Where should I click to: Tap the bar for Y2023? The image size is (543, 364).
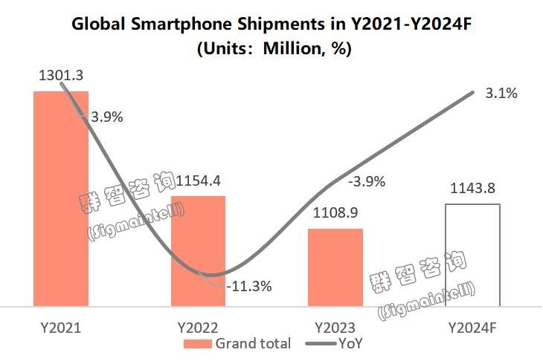335,267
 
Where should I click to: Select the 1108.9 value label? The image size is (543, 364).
335,212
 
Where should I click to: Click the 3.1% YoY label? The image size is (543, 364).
501,94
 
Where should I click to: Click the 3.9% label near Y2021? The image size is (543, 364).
106,117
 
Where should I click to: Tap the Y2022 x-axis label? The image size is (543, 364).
198,327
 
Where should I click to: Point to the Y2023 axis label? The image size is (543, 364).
335,327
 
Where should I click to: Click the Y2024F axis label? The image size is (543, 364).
473,327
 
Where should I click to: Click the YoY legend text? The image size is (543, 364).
350,344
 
